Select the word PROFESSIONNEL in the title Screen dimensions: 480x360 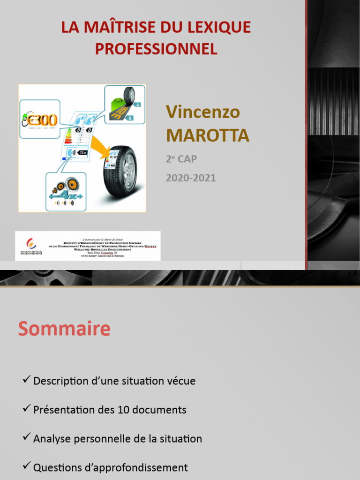pos(156,49)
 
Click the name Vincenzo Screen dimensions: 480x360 pos(203,112)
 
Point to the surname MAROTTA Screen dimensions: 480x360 pos(208,135)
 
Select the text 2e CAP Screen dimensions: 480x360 pos(181,159)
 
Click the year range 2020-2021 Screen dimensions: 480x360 pos(191,178)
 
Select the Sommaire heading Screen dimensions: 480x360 pos(64,329)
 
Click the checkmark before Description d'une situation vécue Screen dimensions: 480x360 pos(27,380)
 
